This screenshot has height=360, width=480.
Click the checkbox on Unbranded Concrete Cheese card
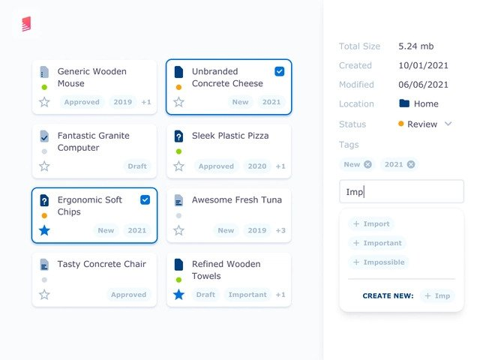(280, 71)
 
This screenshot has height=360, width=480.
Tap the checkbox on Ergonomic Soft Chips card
(145, 199)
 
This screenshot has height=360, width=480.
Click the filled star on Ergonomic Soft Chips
(44, 230)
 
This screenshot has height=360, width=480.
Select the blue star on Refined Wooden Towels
(178, 295)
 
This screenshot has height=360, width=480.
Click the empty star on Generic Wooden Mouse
(44, 102)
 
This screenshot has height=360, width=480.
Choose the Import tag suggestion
(371, 223)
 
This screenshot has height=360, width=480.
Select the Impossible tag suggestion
(379, 262)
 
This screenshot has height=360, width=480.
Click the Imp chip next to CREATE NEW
(437, 295)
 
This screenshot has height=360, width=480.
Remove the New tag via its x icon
(367, 164)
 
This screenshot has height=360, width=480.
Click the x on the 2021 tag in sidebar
(411, 164)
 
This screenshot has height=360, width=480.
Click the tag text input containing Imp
(401, 192)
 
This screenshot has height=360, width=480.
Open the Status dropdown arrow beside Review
(448, 124)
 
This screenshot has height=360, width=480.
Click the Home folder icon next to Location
(404, 103)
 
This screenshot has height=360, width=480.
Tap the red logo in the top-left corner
(26, 25)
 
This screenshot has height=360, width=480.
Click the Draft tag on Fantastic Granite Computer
(137, 166)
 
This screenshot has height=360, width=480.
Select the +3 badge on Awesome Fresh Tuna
(280, 230)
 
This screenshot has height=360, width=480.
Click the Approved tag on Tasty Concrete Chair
(128, 295)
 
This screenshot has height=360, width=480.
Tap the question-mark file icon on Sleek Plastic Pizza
(178, 136)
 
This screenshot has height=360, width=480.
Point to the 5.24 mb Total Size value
(416, 46)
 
